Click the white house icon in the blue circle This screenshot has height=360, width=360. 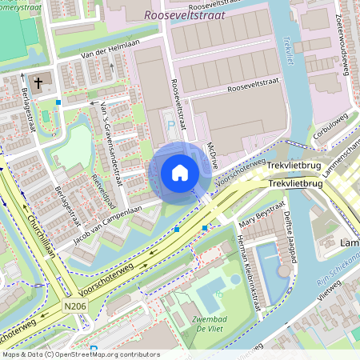click(x=180, y=172)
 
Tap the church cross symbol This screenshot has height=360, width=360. click(x=38, y=82)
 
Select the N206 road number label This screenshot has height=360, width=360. click(x=74, y=305)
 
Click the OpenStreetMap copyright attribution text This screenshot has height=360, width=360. click(x=80, y=354)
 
